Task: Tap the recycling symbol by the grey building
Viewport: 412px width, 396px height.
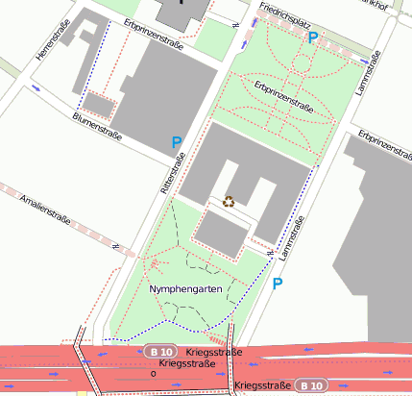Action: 229,201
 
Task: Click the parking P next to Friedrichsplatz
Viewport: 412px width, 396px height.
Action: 313,37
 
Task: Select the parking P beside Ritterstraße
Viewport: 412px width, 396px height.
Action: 177,143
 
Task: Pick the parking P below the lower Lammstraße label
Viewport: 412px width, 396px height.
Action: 278,284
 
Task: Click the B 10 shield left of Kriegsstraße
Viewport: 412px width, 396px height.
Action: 159,352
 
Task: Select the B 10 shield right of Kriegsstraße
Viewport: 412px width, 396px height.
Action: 311,384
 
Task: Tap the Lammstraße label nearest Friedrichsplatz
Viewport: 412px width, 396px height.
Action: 370,73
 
